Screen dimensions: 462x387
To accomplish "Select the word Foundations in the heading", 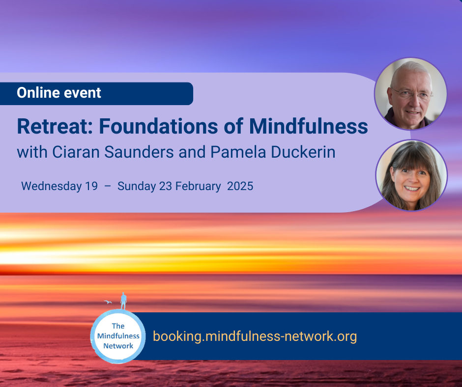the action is pyautogui.click(x=159, y=126).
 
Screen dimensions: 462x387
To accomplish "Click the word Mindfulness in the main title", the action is pyautogui.click(x=309, y=126).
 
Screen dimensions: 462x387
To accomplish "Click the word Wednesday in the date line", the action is pyautogui.click(x=52, y=187).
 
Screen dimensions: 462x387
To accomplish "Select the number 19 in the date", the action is pyautogui.click(x=91, y=186).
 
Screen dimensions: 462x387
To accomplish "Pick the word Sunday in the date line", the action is pyautogui.click(x=137, y=187).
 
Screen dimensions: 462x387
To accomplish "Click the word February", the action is pyautogui.click(x=198, y=187).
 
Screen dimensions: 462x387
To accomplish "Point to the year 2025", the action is pyautogui.click(x=240, y=186).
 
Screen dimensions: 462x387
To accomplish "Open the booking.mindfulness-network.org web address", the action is pyautogui.click(x=255, y=336).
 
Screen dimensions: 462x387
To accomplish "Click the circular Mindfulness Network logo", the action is pyautogui.click(x=118, y=336).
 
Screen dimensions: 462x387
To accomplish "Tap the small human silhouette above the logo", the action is pyautogui.click(x=123, y=301).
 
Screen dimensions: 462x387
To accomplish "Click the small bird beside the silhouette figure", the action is pyautogui.click(x=108, y=302).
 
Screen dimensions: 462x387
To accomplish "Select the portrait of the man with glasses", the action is pyautogui.click(x=410, y=94).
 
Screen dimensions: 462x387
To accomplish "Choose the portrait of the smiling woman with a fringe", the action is pyautogui.click(x=411, y=175).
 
